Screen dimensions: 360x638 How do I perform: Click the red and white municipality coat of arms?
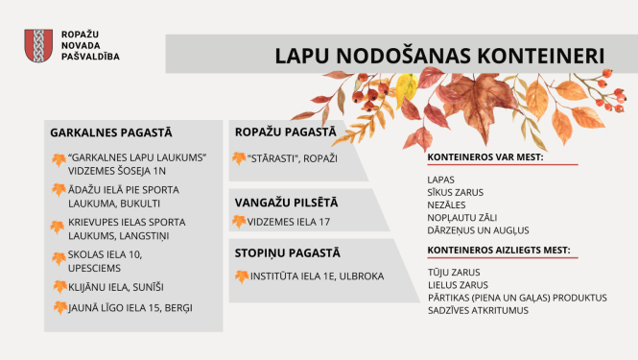(x=37, y=45)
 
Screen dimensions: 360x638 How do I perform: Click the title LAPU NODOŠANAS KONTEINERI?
(x=434, y=55)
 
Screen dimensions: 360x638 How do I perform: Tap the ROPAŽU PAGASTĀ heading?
(x=285, y=132)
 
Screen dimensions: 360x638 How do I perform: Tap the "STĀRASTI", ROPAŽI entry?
(x=293, y=157)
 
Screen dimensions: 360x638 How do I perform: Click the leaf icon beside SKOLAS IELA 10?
(x=59, y=257)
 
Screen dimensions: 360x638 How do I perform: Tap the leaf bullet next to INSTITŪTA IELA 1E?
(x=239, y=276)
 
